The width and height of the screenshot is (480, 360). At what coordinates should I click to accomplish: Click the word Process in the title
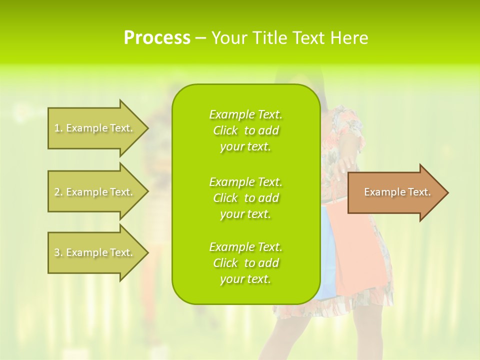157,38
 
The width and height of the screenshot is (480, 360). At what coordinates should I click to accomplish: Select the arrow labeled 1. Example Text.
97,128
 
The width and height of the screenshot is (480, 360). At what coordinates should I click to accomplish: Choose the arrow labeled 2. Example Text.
97,192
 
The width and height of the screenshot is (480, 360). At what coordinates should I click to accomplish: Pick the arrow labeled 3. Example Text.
97,252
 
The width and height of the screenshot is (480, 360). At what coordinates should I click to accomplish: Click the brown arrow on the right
397,192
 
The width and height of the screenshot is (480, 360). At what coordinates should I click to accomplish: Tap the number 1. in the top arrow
58,128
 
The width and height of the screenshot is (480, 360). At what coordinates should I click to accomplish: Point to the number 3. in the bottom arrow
58,252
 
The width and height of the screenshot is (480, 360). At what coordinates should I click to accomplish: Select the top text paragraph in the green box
245,130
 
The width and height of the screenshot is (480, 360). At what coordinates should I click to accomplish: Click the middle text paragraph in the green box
245,198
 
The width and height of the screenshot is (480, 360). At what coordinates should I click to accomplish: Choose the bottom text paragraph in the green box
245,263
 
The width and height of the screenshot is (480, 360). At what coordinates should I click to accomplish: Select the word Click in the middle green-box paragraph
225,198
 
